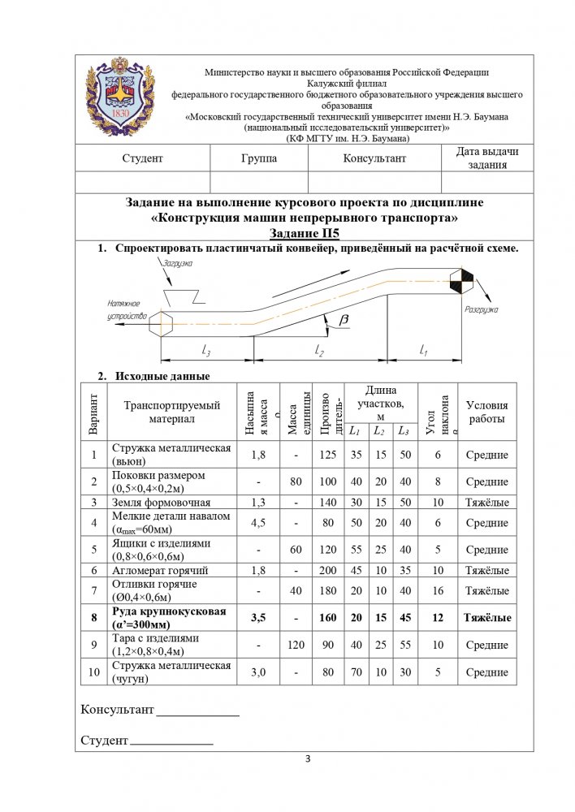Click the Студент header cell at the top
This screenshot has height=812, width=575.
pyautogui.click(x=142, y=158)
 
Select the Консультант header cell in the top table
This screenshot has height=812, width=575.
pyautogui.click(x=374, y=158)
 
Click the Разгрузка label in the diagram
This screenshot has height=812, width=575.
pyautogui.click(x=480, y=310)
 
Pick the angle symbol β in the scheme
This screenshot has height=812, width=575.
pyautogui.click(x=344, y=322)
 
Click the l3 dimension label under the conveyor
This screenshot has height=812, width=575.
pyautogui.click(x=206, y=351)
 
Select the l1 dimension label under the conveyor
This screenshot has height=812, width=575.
pyautogui.click(x=424, y=350)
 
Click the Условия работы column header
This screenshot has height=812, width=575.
pyautogui.click(x=486, y=412)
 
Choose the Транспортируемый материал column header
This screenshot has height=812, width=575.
pyautogui.click(x=171, y=412)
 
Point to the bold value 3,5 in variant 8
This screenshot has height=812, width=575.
pyautogui.click(x=258, y=618)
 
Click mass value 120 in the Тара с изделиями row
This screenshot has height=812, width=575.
pyautogui.click(x=295, y=645)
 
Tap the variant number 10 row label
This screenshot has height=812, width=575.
pyautogui.click(x=94, y=672)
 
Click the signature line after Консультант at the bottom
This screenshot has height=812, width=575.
pyautogui.click(x=197, y=715)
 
